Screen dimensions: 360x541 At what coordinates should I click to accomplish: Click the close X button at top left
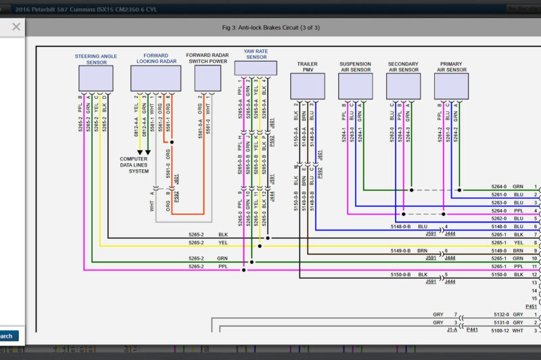(x=16, y=27)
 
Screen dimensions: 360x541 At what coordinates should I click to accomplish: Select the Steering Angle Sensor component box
(x=95, y=78)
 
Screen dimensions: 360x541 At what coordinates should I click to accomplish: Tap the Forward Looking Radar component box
(x=156, y=78)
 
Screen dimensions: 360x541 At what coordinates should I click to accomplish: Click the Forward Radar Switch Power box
(x=207, y=78)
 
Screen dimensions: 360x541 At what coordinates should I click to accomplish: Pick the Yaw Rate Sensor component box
(x=256, y=68)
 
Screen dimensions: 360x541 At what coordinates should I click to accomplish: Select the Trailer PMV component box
(x=307, y=86)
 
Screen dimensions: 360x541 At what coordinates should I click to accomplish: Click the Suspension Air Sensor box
(x=355, y=86)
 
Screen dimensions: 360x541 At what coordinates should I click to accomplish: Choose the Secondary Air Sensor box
(x=403, y=86)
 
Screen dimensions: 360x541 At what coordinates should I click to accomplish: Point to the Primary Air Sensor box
(x=451, y=86)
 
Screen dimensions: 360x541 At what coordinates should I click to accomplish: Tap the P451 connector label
(x=531, y=306)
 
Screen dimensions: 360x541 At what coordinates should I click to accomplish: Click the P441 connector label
(x=471, y=330)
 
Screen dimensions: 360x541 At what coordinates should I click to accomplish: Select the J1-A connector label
(x=452, y=330)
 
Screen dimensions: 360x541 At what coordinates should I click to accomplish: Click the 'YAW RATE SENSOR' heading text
(x=256, y=53)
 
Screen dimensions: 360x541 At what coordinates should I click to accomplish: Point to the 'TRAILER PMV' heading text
(x=307, y=67)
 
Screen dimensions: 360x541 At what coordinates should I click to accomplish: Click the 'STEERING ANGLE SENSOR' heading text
(x=95, y=59)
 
